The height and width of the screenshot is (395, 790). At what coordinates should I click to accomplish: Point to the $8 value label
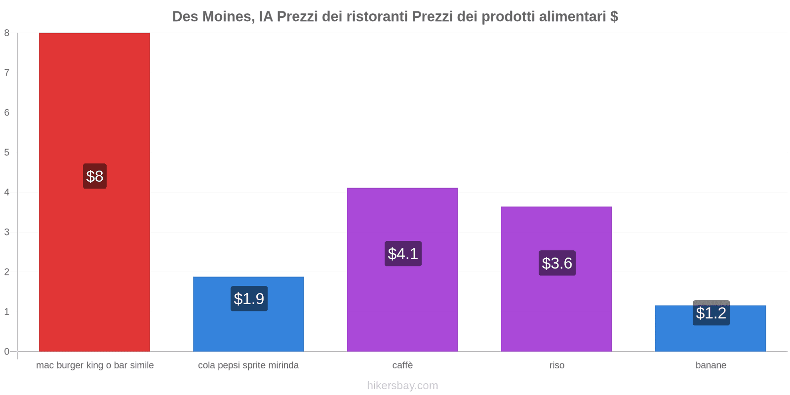coord(95,176)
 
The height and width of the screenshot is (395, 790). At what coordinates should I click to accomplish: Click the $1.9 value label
coord(249,299)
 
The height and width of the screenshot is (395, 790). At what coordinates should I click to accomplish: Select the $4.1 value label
coord(403,254)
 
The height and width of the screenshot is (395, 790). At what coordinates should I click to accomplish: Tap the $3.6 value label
coord(557,263)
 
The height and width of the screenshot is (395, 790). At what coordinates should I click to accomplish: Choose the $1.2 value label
coord(711,313)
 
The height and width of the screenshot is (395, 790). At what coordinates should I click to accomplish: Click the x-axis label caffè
coord(402,365)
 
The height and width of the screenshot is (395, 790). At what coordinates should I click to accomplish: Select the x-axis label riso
coord(556,365)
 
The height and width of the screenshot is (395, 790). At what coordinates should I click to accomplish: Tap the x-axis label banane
coord(711,365)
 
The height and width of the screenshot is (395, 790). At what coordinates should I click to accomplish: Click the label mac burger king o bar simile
coord(95,365)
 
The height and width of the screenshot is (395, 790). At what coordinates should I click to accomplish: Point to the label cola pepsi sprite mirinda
coord(248,365)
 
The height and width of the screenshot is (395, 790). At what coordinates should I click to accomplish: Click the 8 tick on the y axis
coord(7,33)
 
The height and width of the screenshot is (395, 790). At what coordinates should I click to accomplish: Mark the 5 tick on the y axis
coord(7,153)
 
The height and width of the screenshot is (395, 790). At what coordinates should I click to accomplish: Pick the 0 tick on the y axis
coord(7,352)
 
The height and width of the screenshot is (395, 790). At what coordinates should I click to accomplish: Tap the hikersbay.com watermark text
coord(402,386)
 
